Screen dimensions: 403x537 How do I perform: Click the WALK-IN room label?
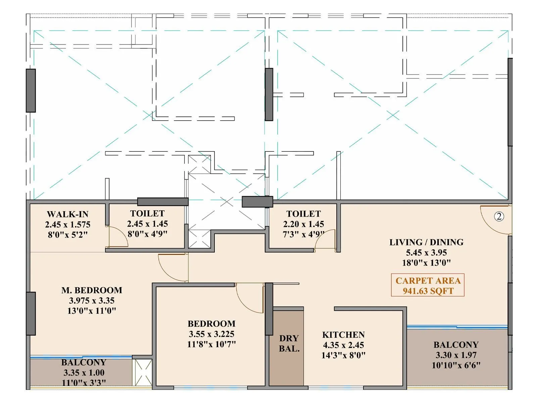tap(67, 214)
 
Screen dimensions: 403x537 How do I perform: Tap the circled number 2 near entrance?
tap(499, 217)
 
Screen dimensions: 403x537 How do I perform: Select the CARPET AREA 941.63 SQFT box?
tap(428, 285)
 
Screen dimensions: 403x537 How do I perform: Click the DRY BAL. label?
tap(289, 343)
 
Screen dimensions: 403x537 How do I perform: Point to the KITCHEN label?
tap(343, 335)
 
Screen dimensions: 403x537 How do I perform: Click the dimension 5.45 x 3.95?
tap(426, 253)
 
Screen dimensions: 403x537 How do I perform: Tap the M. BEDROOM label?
tap(92, 290)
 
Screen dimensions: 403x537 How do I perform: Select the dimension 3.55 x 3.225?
tap(211, 334)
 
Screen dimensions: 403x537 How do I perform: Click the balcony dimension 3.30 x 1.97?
tap(456, 355)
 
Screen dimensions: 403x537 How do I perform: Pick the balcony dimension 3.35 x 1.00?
tap(84, 373)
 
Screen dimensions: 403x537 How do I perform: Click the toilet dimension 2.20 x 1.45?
tap(303, 224)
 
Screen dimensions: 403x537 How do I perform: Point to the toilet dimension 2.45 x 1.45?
tap(147, 224)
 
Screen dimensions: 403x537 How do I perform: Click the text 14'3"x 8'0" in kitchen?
tap(343, 355)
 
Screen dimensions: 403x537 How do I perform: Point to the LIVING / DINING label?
tap(426, 242)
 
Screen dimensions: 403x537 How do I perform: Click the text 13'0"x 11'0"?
tap(92, 311)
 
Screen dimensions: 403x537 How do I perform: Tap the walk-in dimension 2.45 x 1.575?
tap(67, 225)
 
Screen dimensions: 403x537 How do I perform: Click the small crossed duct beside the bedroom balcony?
tap(143, 372)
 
